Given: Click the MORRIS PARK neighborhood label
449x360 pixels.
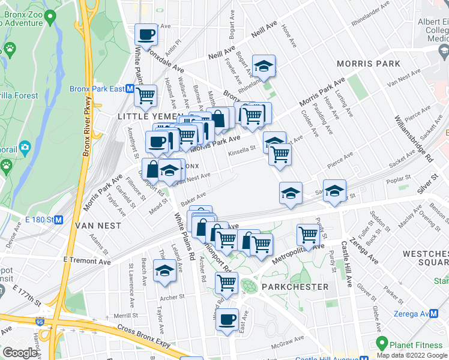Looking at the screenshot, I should click(x=369, y=64).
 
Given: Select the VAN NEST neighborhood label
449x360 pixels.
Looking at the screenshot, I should click(x=98, y=226).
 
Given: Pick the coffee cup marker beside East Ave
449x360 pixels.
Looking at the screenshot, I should click(x=228, y=319).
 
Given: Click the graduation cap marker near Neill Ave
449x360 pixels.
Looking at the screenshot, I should click(x=263, y=67).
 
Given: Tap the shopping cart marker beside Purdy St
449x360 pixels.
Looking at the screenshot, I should click(x=308, y=235).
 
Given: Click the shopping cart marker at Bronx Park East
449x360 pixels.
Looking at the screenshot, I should click(x=146, y=95).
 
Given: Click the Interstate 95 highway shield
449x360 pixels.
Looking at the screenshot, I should click(x=39, y=321).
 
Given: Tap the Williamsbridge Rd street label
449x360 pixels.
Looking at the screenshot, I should click(x=414, y=139).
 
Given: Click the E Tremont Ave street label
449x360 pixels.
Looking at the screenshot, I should click(x=87, y=262).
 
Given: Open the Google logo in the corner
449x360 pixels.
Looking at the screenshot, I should click(x=20, y=353).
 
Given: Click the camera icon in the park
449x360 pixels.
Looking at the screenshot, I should click(x=25, y=147).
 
